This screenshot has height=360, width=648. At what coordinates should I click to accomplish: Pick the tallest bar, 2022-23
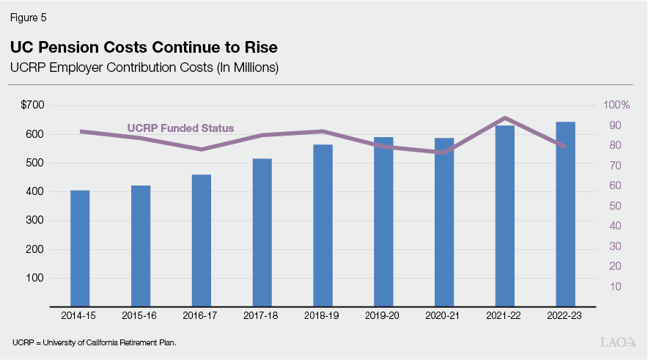(x=565, y=213)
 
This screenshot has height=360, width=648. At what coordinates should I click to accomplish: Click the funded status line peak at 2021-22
(x=505, y=117)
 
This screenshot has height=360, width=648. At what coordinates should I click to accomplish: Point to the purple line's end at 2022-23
(x=565, y=147)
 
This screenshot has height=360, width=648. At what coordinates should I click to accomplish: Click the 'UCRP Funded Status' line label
(x=180, y=128)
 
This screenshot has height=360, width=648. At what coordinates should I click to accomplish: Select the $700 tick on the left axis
(x=32, y=106)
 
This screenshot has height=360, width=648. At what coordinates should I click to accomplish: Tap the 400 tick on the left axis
(x=35, y=192)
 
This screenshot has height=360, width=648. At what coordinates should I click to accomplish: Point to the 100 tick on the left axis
(x=35, y=279)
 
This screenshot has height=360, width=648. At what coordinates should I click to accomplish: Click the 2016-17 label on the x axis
(x=201, y=315)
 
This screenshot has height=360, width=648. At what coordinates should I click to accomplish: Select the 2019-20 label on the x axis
(x=383, y=315)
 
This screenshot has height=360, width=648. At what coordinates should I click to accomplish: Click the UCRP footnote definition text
(x=95, y=342)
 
